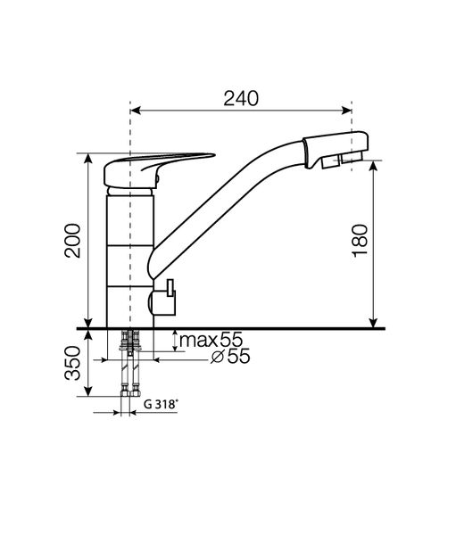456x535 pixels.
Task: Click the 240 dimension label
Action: click(241, 98)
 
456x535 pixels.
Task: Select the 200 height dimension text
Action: click(73, 241)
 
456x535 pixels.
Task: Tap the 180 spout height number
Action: click(360, 241)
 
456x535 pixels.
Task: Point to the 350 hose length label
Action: click(73, 363)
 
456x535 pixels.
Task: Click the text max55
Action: click(211, 340)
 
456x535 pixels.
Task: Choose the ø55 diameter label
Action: click(230, 357)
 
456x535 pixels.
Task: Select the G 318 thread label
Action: click(161, 404)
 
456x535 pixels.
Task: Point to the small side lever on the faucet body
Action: click(165, 298)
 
